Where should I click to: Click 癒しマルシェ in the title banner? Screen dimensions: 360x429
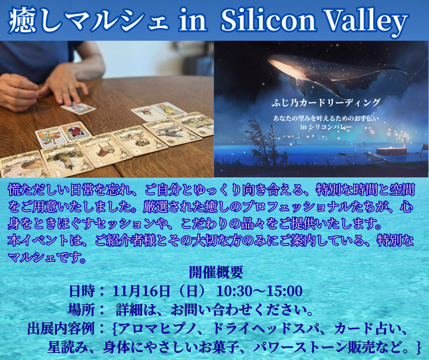pos(86,21)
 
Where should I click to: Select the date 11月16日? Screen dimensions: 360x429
pos(141,291)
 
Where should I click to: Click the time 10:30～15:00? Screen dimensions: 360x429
pos(260,291)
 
